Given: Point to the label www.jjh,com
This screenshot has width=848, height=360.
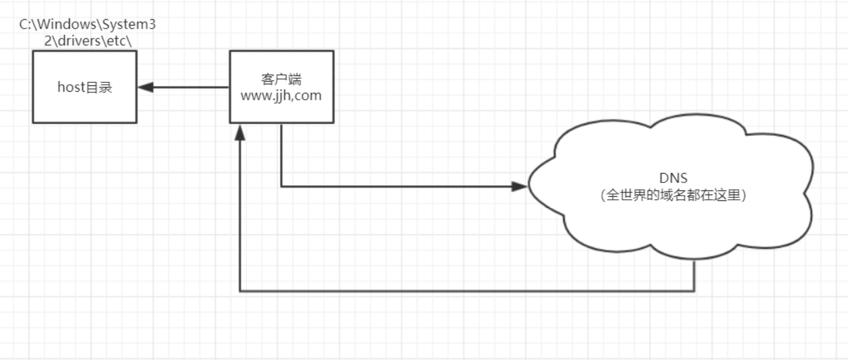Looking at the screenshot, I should pyautogui.click(x=281, y=96).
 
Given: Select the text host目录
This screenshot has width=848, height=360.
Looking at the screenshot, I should pyautogui.click(x=84, y=88).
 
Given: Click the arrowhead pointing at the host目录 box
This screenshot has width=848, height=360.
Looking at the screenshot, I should pyautogui.click(x=145, y=88).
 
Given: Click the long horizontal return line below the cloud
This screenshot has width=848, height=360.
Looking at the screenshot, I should pyautogui.click(x=465, y=291).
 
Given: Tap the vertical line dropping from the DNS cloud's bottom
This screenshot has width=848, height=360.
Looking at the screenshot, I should pyautogui.click(x=694, y=276).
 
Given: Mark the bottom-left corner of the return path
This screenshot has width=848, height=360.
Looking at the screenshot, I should pyautogui.click(x=240, y=291).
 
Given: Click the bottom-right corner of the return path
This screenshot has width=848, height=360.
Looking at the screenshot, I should pyautogui.click(x=694, y=291).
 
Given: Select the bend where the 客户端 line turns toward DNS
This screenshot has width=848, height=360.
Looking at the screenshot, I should pyautogui.click(x=281, y=186).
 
